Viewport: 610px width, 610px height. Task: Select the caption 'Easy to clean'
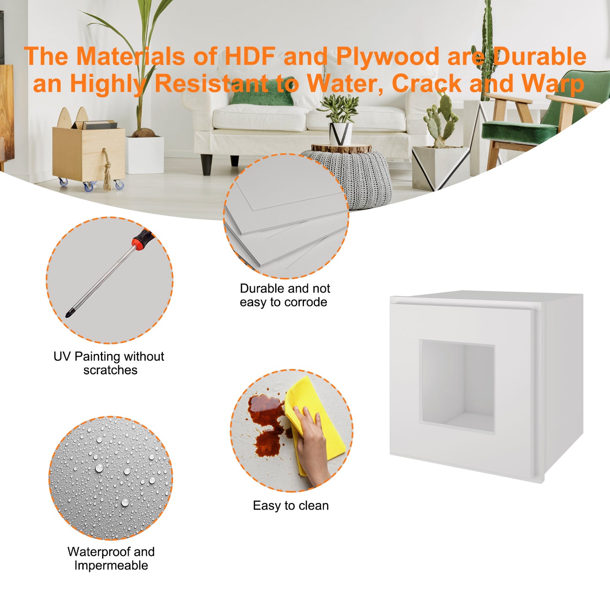pyautogui.click(x=290, y=506)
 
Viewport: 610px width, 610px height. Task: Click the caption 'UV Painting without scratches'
pyautogui.click(x=109, y=363)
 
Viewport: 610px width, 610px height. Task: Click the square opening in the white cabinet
pyautogui.click(x=457, y=385)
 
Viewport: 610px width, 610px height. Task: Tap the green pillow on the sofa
pyautogui.click(x=262, y=92)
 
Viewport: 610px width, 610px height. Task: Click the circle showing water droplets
pyautogui.click(x=111, y=478)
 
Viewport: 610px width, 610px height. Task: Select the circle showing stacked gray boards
pyautogui.click(x=286, y=216)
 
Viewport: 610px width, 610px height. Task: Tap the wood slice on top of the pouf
pyautogui.click(x=341, y=148)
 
